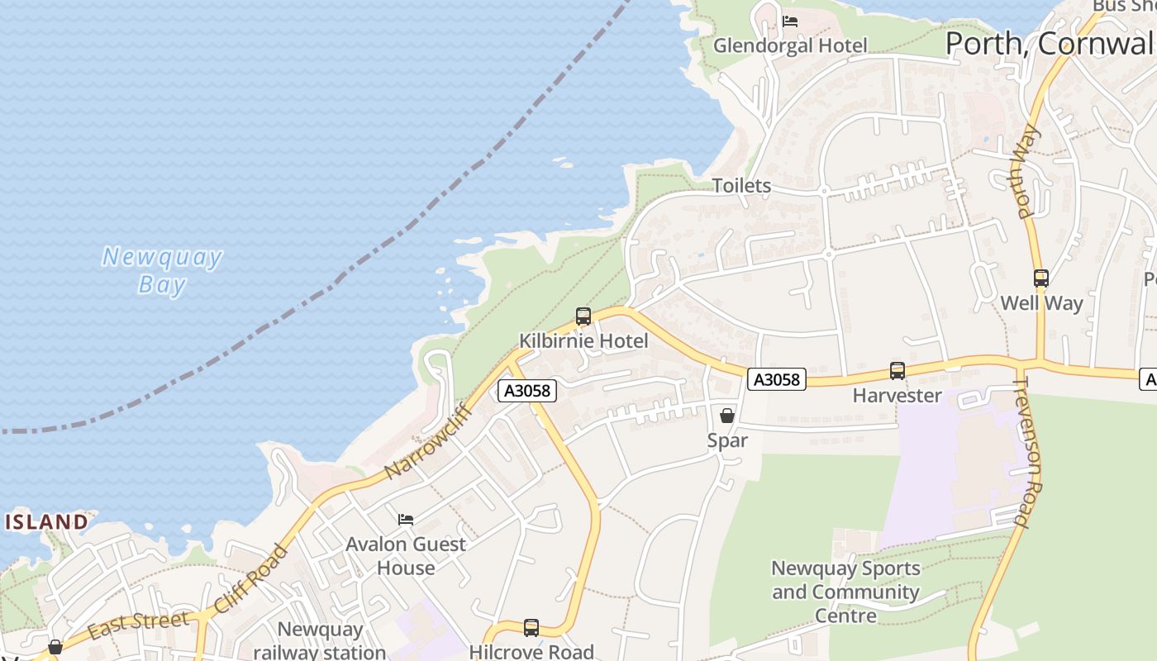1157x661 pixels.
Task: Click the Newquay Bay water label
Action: coord(162,270)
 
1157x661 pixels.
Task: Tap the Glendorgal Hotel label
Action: coord(790,45)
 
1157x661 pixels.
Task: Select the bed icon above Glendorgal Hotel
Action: coord(790,21)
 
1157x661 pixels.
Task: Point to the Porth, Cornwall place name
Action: coord(1050,43)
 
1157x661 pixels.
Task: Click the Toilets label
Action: coord(741,186)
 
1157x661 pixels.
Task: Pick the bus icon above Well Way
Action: coord(1041,278)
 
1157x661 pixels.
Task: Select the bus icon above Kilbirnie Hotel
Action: coord(583,316)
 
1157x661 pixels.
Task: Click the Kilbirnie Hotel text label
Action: coord(583,340)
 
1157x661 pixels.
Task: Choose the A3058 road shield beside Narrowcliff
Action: coord(527,391)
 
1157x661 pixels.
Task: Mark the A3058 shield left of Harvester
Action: coord(777,379)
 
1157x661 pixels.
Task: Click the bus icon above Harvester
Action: coord(898,371)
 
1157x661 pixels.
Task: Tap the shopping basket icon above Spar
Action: coord(727,415)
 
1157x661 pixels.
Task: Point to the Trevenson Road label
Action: coord(1030,452)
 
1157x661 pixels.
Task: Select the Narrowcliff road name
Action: coord(427,441)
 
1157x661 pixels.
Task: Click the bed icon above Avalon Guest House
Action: coord(406,519)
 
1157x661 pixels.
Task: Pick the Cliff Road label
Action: coord(251,579)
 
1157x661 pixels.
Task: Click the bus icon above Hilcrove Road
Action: coord(531,628)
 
